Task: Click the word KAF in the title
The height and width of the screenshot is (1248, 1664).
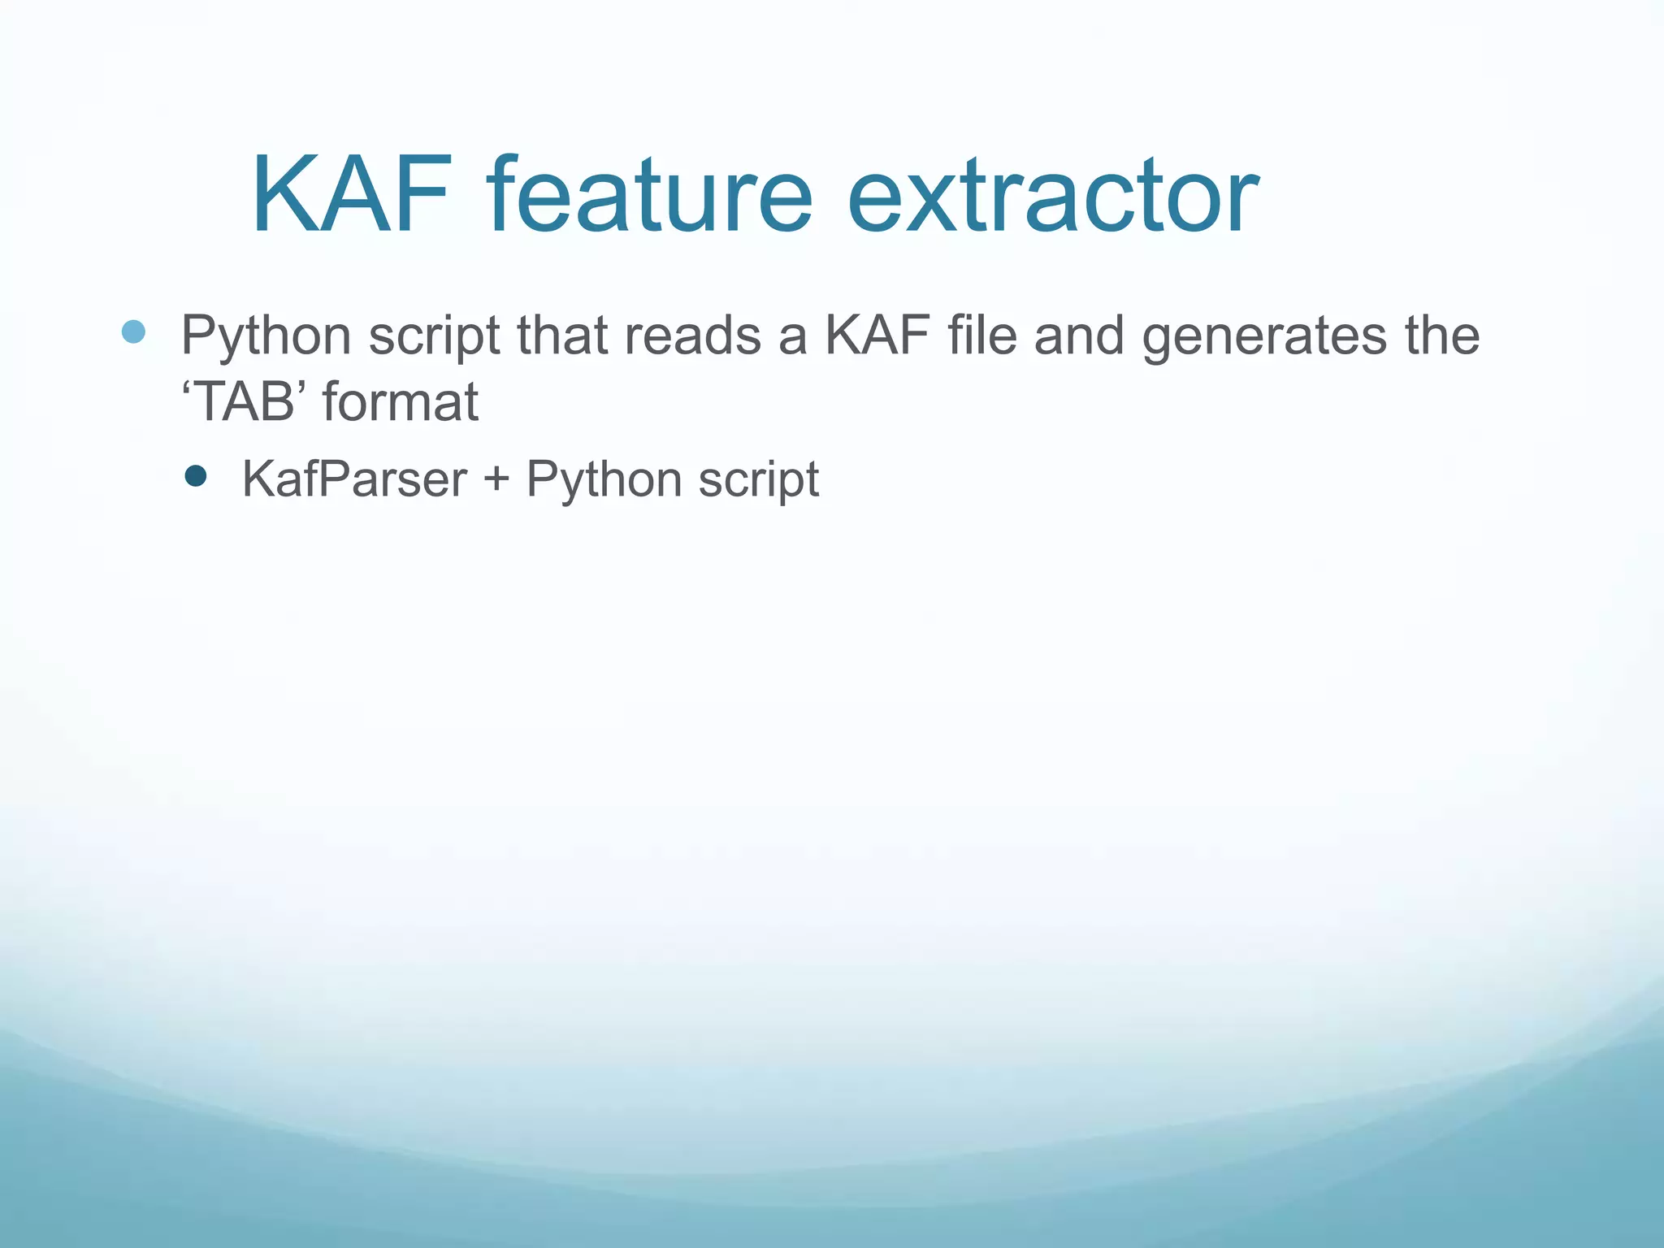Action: [351, 197]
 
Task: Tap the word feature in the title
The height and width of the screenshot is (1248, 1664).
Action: [650, 197]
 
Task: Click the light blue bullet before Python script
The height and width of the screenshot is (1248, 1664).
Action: [133, 331]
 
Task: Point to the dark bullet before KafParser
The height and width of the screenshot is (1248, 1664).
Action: [196, 475]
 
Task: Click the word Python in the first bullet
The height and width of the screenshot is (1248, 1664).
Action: [266, 336]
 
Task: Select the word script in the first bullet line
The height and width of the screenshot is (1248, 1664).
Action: [434, 336]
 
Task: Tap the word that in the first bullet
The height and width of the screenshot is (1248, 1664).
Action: [562, 335]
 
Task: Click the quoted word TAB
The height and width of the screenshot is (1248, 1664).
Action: [245, 401]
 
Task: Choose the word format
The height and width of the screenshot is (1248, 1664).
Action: [401, 401]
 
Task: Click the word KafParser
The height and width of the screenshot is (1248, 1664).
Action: [354, 479]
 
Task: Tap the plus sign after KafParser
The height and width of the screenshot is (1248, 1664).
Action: [496, 479]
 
